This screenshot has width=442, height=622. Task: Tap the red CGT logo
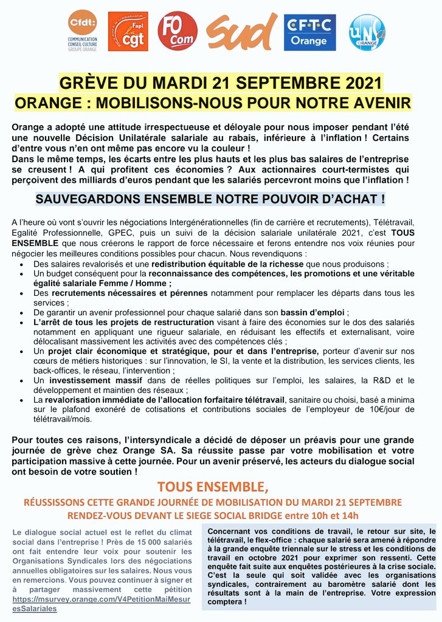128,32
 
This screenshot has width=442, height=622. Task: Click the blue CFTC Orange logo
309,32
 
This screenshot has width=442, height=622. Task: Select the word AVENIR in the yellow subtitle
381,101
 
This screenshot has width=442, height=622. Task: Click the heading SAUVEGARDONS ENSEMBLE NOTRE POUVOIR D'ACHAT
210,199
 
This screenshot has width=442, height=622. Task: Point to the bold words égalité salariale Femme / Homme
102,283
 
